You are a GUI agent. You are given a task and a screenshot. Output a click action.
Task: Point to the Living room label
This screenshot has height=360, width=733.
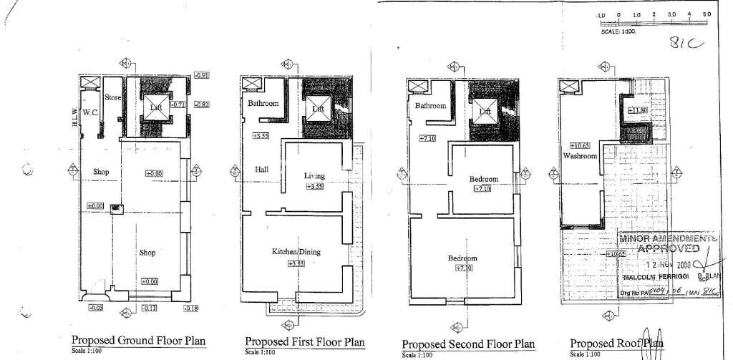tap(314, 175)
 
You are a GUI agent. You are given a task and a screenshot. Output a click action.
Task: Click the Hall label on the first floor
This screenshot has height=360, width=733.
tap(261, 170)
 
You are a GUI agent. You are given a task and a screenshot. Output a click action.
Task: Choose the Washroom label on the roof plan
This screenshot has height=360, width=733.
tap(579, 155)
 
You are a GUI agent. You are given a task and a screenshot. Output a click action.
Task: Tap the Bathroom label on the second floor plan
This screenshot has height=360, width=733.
tap(430, 106)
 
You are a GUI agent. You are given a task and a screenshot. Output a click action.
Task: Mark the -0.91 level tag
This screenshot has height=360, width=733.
tap(202, 75)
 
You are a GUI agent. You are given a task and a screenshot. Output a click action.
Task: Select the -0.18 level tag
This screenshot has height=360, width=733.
tap(190, 308)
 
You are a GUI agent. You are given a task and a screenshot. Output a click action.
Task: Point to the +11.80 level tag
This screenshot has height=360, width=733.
tap(637, 110)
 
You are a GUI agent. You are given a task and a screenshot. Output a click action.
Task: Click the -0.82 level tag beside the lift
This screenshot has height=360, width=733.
tap(201, 104)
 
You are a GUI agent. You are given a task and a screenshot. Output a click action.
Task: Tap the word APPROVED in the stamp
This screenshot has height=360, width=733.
tap(669, 248)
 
